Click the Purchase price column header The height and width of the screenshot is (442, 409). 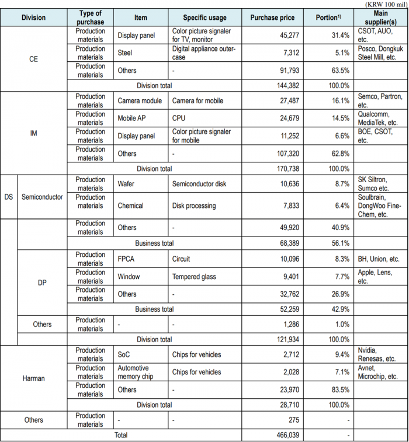coord(268,18)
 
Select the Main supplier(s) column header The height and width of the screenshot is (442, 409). coord(380,18)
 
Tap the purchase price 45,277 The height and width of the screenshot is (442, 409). coord(286,36)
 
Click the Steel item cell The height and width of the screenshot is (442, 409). coord(124,53)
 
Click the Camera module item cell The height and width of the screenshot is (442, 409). coord(140,101)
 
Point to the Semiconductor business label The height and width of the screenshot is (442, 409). coord(42,197)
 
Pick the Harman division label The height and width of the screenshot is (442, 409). coord(33,378)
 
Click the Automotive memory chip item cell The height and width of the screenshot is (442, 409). coord(135,372)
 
